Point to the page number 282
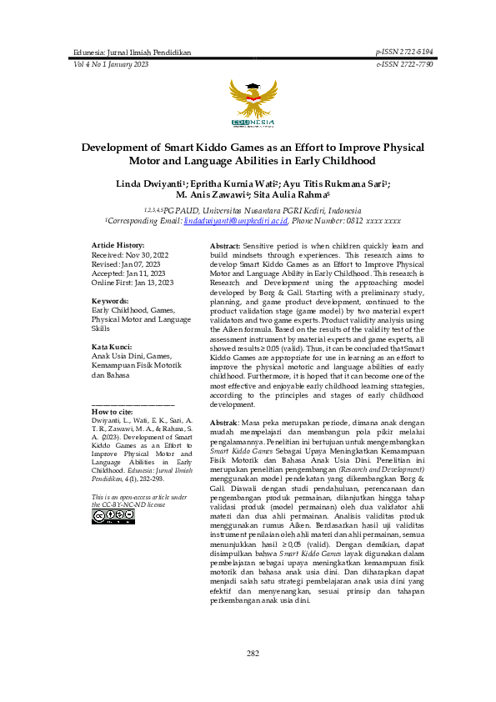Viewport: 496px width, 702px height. click(x=253, y=653)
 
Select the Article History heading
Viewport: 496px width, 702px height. click(x=118, y=244)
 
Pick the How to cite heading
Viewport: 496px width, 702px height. click(x=112, y=412)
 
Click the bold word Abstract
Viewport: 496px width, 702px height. click(x=224, y=248)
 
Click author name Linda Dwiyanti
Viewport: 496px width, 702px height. click(x=143, y=183)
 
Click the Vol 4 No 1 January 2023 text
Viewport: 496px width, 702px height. click(x=111, y=64)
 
